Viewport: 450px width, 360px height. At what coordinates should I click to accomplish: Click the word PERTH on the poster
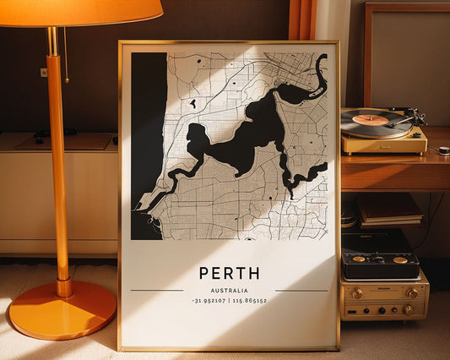229,273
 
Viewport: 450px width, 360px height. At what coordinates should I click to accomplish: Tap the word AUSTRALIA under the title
229,290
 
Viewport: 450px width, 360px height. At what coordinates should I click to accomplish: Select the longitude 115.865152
249,301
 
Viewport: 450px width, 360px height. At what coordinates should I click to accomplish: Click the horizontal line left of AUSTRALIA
157,291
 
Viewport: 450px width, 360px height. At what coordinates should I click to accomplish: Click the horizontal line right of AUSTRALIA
301,291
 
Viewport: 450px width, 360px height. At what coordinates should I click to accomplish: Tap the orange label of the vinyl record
370,120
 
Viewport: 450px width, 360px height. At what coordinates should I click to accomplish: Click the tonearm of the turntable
405,118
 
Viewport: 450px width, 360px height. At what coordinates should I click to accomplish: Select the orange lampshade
80,11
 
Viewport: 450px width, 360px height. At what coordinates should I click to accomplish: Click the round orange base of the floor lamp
62,309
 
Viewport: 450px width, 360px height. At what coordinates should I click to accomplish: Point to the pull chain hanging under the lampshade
66,55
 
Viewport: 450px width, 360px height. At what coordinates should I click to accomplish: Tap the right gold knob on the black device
400,259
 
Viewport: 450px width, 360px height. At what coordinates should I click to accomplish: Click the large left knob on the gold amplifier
357,294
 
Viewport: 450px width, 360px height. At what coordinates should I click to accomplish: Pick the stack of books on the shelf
389,210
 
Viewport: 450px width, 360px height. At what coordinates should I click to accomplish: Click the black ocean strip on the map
148,144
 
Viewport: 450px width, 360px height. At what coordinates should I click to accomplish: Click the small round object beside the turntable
443,150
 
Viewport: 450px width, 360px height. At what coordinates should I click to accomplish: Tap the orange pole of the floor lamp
58,169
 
